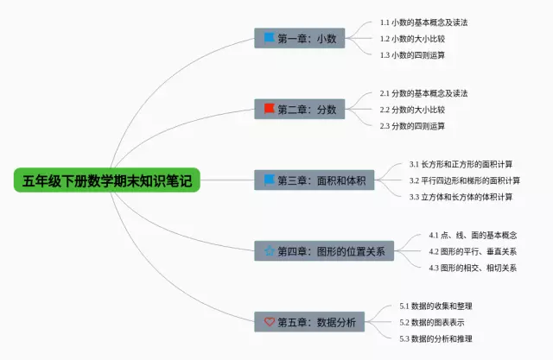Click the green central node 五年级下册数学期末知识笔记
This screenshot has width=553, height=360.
tap(106, 180)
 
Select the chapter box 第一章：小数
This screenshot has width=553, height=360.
tap(300, 39)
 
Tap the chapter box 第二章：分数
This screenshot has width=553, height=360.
tap(300, 110)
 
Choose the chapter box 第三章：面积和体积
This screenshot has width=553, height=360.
tap(315, 180)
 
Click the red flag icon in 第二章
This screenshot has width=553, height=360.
tap(269, 109)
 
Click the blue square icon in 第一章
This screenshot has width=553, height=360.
tap(269, 38)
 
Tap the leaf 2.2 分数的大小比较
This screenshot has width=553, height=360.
tap(413, 110)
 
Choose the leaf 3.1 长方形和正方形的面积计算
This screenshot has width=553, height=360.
tap(461, 164)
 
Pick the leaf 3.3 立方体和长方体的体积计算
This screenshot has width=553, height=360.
tap(461, 197)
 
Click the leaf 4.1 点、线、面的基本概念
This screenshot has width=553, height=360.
tap(473, 235)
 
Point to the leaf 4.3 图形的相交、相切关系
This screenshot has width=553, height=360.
tap(473, 268)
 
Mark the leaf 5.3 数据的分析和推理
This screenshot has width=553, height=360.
tap(436, 338)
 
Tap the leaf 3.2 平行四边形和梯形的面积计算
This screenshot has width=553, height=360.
tap(465, 180)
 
